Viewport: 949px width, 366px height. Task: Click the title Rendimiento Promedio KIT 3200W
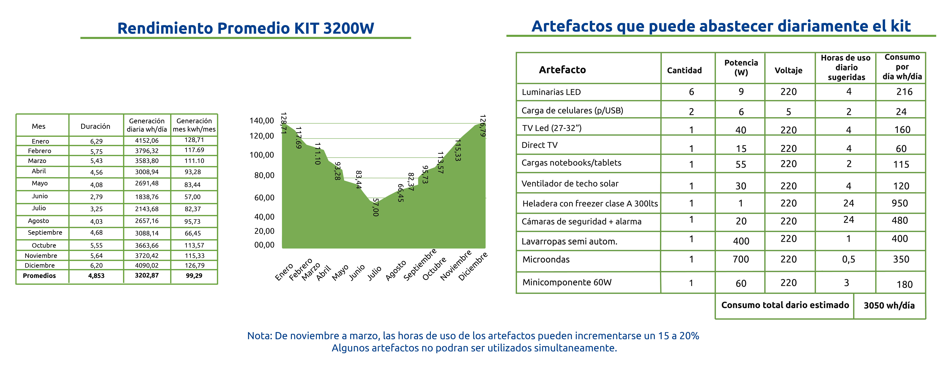[x=246, y=28]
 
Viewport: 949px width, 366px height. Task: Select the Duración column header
[x=95, y=126]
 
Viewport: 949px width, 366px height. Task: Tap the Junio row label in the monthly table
[x=40, y=196]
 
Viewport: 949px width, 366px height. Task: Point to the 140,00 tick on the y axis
[x=262, y=121]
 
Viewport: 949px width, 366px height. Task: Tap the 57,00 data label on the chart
[x=375, y=207]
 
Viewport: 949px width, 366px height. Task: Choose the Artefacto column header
[x=562, y=70]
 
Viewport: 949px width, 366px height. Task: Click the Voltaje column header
[x=788, y=70]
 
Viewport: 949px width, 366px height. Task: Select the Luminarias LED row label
[x=551, y=92]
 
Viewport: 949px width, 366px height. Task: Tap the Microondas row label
[x=546, y=259]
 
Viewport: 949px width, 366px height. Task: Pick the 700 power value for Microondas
[x=741, y=259]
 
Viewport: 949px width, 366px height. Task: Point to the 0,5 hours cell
[x=848, y=259]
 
